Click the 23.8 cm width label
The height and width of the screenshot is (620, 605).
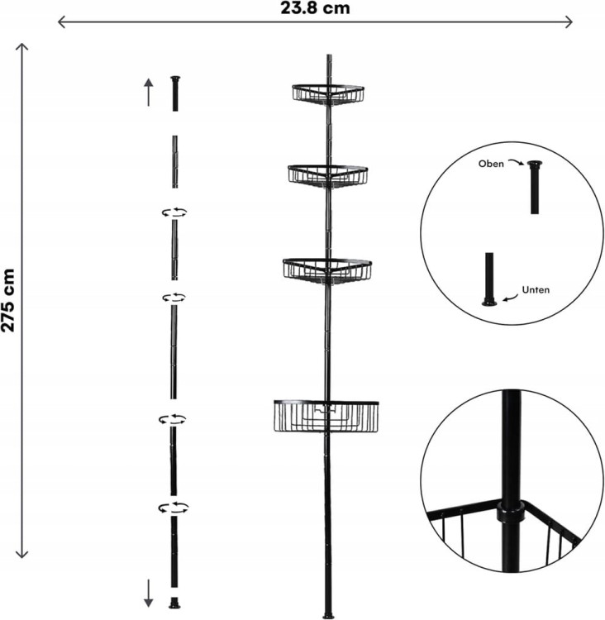315,8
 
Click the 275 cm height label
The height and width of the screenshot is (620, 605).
8,300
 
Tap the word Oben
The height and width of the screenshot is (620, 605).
491,164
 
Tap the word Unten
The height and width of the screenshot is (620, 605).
536,290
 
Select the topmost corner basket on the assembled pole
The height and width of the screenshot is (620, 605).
328,94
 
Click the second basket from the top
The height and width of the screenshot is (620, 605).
328,176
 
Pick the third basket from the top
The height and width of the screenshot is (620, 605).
327,271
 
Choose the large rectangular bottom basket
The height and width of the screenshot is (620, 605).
326,417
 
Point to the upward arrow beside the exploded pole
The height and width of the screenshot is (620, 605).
148,92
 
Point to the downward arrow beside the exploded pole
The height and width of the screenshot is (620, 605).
148,593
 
